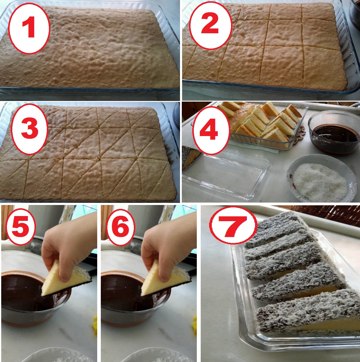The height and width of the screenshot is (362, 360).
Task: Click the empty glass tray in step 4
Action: pyautogui.click(x=226, y=176)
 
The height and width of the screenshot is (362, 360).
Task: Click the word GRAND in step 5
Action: pyautogui.click(x=68, y=214)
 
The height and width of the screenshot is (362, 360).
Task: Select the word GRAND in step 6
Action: pyautogui.click(x=167, y=214)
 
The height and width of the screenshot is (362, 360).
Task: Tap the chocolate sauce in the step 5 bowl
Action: pyautogui.click(x=22, y=293)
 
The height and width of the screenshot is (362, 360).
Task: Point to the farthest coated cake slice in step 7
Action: pyautogui.click(x=277, y=225)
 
